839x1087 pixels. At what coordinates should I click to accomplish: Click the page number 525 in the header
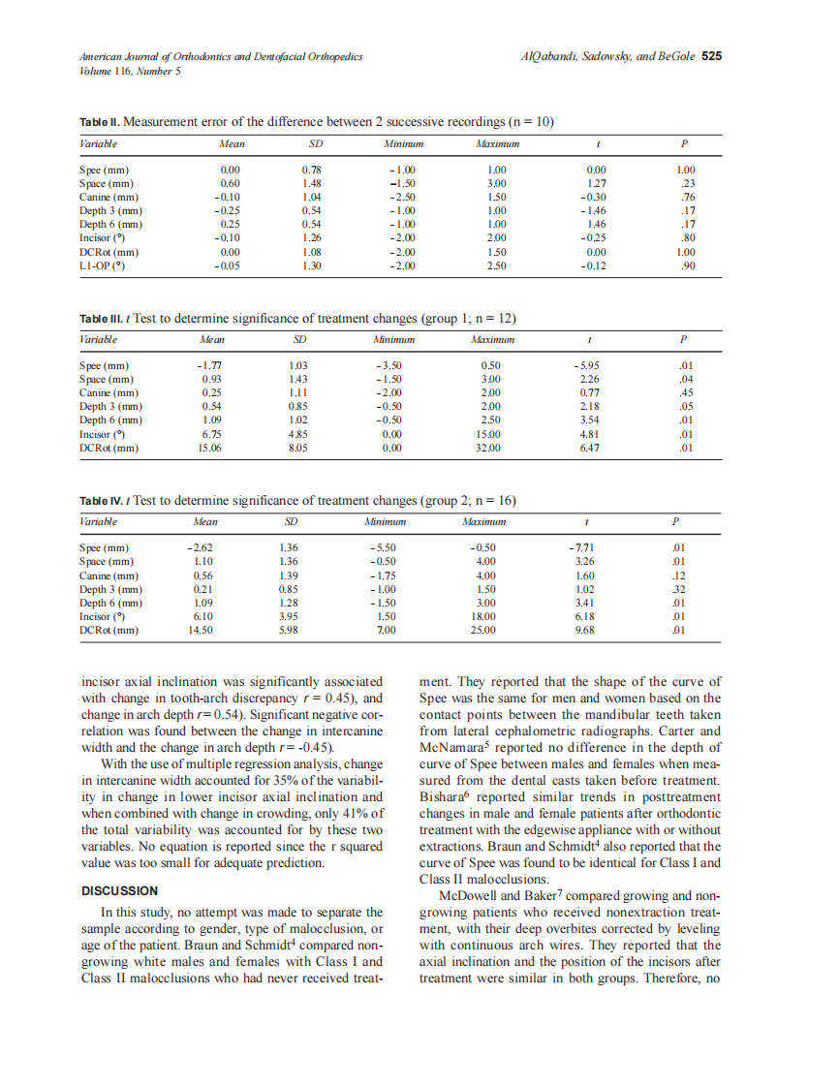point(711,56)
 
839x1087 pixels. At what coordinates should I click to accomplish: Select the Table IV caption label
point(101,500)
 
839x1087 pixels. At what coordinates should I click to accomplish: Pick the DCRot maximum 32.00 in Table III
point(486,449)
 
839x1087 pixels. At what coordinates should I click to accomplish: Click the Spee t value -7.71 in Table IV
point(583,548)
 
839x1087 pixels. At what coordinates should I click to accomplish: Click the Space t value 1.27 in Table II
point(597,183)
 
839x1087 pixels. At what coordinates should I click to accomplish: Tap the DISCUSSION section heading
point(118,890)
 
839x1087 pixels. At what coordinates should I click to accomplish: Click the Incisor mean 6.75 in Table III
point(210,435)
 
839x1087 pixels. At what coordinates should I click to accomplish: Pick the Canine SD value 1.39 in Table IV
point(289,575)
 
